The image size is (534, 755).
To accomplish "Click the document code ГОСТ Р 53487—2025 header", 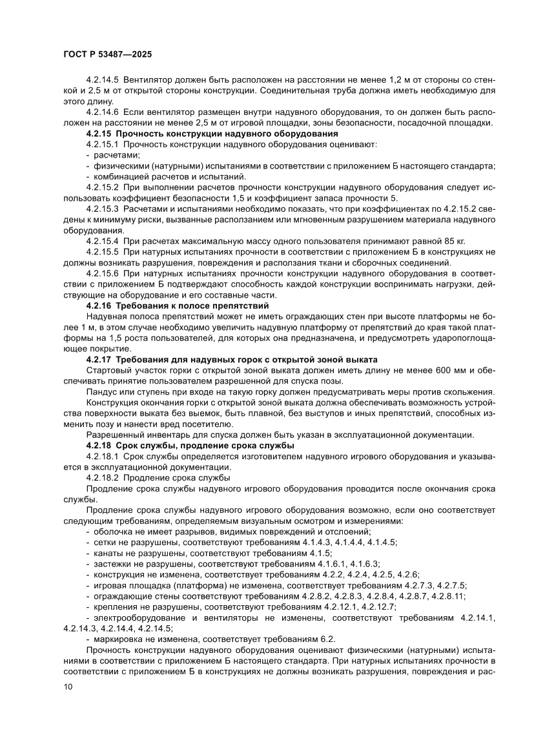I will (x=107, y=56).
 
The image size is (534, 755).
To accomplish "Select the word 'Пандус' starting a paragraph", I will (x=102, y=391).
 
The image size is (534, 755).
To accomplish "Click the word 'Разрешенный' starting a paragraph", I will (x=113, y=435).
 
